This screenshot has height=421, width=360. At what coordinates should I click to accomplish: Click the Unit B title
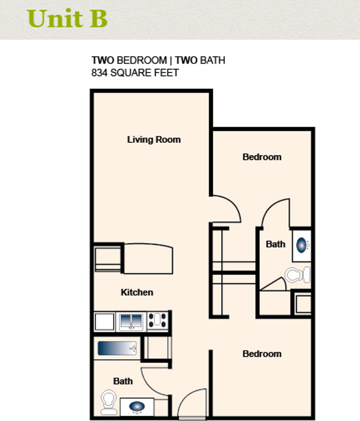[x=67, y=18]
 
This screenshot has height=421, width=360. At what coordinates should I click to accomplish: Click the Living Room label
[x=154, y=139]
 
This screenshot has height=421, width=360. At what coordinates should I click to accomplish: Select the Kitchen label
[x=137, y=292]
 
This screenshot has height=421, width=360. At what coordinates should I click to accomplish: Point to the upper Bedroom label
[x=262, y=157]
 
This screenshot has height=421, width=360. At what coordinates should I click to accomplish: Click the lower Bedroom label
[x=262, y=353]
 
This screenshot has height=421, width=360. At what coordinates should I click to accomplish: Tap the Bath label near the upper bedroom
[x=276, y=244]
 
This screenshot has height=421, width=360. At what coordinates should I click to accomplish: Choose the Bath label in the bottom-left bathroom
[x=123, y=381]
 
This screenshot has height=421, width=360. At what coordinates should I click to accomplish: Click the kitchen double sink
[x=131, y=321]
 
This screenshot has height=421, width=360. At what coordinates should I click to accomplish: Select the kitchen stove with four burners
[x=158, y=321]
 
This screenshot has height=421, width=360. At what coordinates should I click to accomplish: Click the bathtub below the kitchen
[x=117, y=348]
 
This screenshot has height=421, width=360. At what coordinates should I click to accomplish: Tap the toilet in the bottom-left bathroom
[x=108, y=402]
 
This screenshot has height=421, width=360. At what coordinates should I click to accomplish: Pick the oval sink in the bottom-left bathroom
[x=137, y=407]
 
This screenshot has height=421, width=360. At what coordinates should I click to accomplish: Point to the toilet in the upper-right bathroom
[x=297, y=275]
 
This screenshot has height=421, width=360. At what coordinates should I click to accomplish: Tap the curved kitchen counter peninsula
[x=148, y=259]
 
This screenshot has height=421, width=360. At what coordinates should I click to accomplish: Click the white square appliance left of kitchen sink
[x=104, y=321]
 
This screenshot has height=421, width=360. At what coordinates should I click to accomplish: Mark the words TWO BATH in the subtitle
[x=200, y=60]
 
